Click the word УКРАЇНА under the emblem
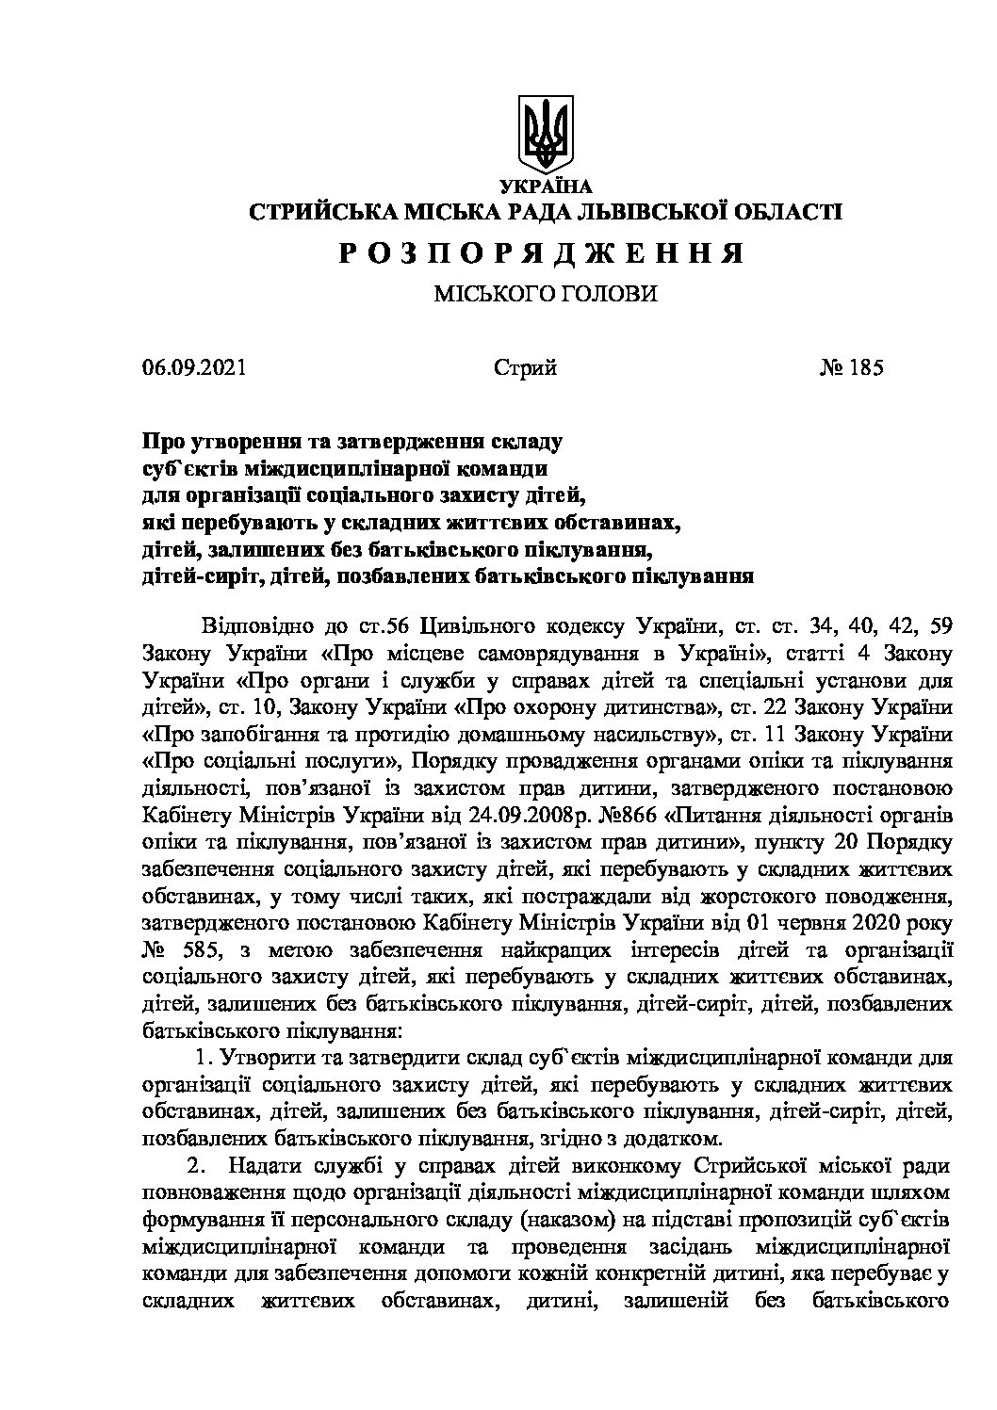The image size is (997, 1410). (x=546, y=186)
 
